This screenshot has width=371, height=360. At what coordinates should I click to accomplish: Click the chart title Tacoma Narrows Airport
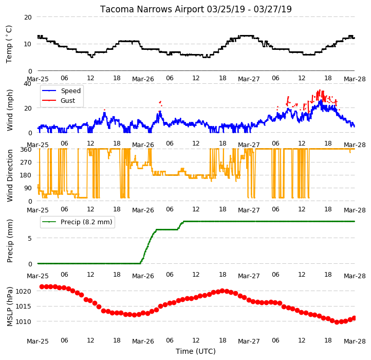tap(152, 9)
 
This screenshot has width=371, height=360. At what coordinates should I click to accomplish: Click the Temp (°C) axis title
tap(9, 44)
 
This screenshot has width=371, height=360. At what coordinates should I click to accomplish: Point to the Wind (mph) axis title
tap(9, 110)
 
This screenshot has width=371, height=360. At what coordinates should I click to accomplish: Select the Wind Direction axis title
tap(9, 175)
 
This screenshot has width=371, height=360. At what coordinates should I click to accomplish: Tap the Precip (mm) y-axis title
tap(9, 241)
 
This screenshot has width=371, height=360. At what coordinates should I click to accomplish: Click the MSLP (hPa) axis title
tap(9, 307)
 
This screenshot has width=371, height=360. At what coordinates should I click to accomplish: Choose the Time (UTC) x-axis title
tap(196, 351)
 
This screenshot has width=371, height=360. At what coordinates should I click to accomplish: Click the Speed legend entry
tap(62, 91)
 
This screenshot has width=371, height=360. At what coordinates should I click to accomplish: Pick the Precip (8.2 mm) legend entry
tap(77, 222)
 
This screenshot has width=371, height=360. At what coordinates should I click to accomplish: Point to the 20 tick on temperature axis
tap(28, 17)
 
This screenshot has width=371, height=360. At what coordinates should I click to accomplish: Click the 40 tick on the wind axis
tap(27, 84)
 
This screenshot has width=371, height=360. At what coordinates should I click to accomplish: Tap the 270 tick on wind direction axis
tap(26, 163)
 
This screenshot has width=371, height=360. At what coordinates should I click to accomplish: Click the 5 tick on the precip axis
tap(30, 238)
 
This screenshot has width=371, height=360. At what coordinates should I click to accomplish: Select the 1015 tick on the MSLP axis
tap(24, 307)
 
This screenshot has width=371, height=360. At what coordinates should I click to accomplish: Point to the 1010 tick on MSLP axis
tap(24, 322)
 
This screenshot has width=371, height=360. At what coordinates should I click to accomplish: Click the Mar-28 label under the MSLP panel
tap(355, 341)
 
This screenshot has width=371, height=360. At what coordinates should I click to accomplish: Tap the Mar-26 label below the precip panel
tap(143, 276)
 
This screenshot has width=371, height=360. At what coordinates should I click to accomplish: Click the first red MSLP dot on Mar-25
tap(42, 287)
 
